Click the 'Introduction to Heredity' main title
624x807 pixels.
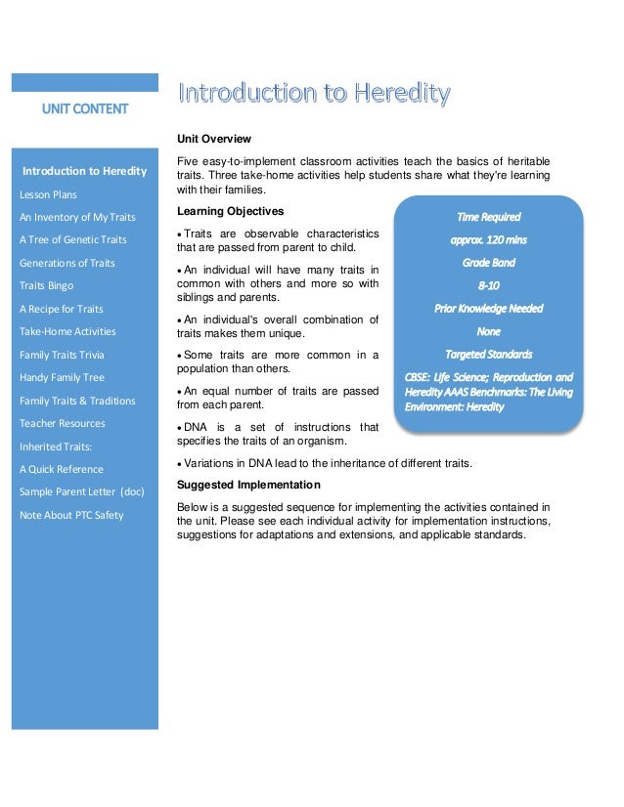pos(314,94)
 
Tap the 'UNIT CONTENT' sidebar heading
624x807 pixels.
pos(84,107)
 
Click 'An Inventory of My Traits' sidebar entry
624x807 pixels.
pos(77,217)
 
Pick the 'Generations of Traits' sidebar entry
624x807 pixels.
pos(67,263)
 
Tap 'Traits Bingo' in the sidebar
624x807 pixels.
pos(47,286)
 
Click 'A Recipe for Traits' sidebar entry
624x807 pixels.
pos(62,309)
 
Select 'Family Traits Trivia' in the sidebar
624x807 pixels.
pos(62,355)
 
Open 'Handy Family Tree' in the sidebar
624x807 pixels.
pos(62,377)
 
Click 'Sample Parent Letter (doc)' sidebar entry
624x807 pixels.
pos(81,491)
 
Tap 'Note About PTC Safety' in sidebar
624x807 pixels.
pos(71,515)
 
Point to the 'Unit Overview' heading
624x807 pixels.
pos(214,139)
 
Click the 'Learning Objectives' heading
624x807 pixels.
pos(230,211)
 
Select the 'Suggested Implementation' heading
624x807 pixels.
pos(248,485)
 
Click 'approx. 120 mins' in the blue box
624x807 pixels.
pos(488,239)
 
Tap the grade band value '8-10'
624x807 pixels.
pos(488,285)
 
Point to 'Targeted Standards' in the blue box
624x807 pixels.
pos(488,354)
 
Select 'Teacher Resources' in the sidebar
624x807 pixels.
pos(63,423)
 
